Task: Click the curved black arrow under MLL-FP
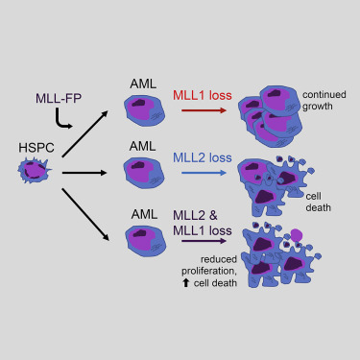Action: click(64, 120)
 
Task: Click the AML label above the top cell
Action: click(143, 84)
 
